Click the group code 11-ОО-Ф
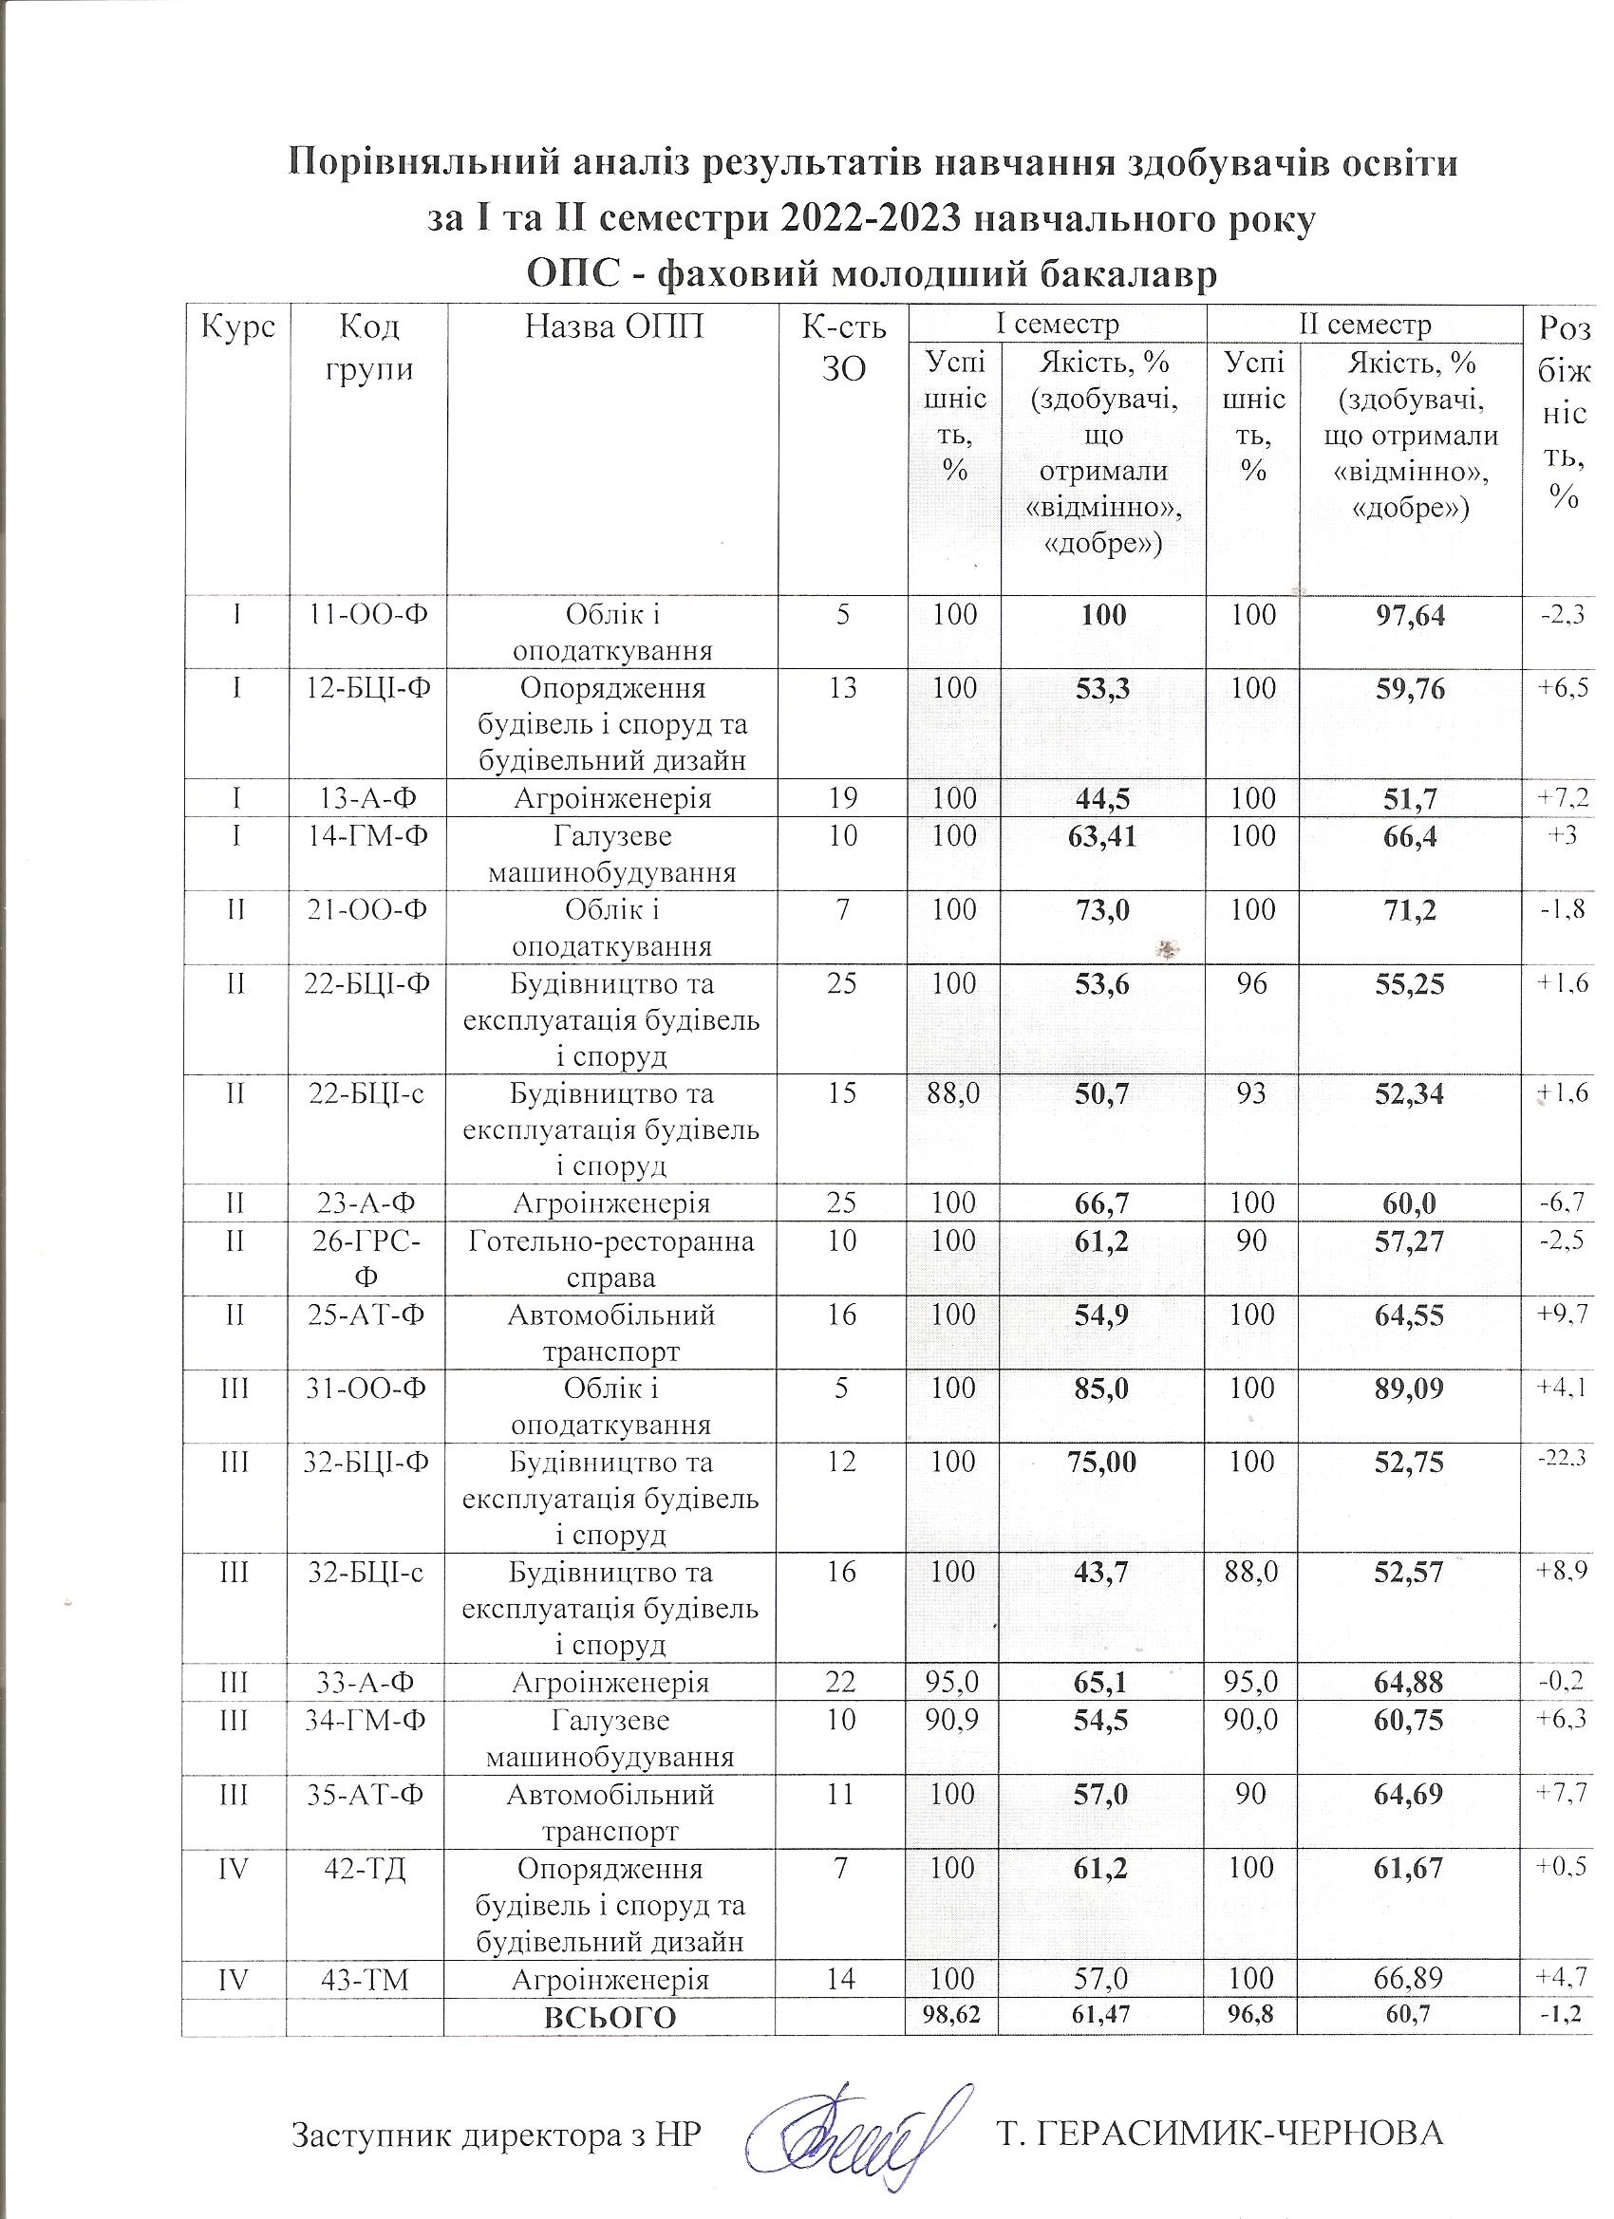pos(369,615)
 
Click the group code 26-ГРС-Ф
pos(369,1260)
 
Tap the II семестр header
pos(1364,324)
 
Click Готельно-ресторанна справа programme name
pos(610,1260)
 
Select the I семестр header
pos(1057,324)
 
